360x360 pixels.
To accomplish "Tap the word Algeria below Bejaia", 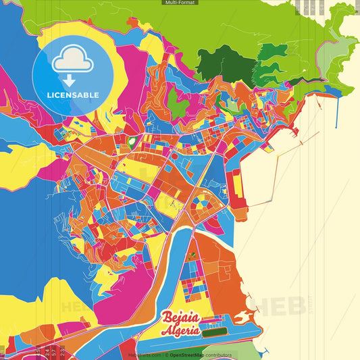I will click(180, 331).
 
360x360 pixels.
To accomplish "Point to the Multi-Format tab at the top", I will click(180, 3).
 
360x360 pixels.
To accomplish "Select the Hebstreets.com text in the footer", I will click(144, 355).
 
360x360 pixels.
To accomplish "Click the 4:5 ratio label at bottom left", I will click(38, 351).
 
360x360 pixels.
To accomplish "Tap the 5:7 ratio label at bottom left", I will click(54, 351).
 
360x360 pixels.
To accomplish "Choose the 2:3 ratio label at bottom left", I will click(63, 351).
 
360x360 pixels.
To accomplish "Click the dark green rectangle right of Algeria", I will click(215, 332).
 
